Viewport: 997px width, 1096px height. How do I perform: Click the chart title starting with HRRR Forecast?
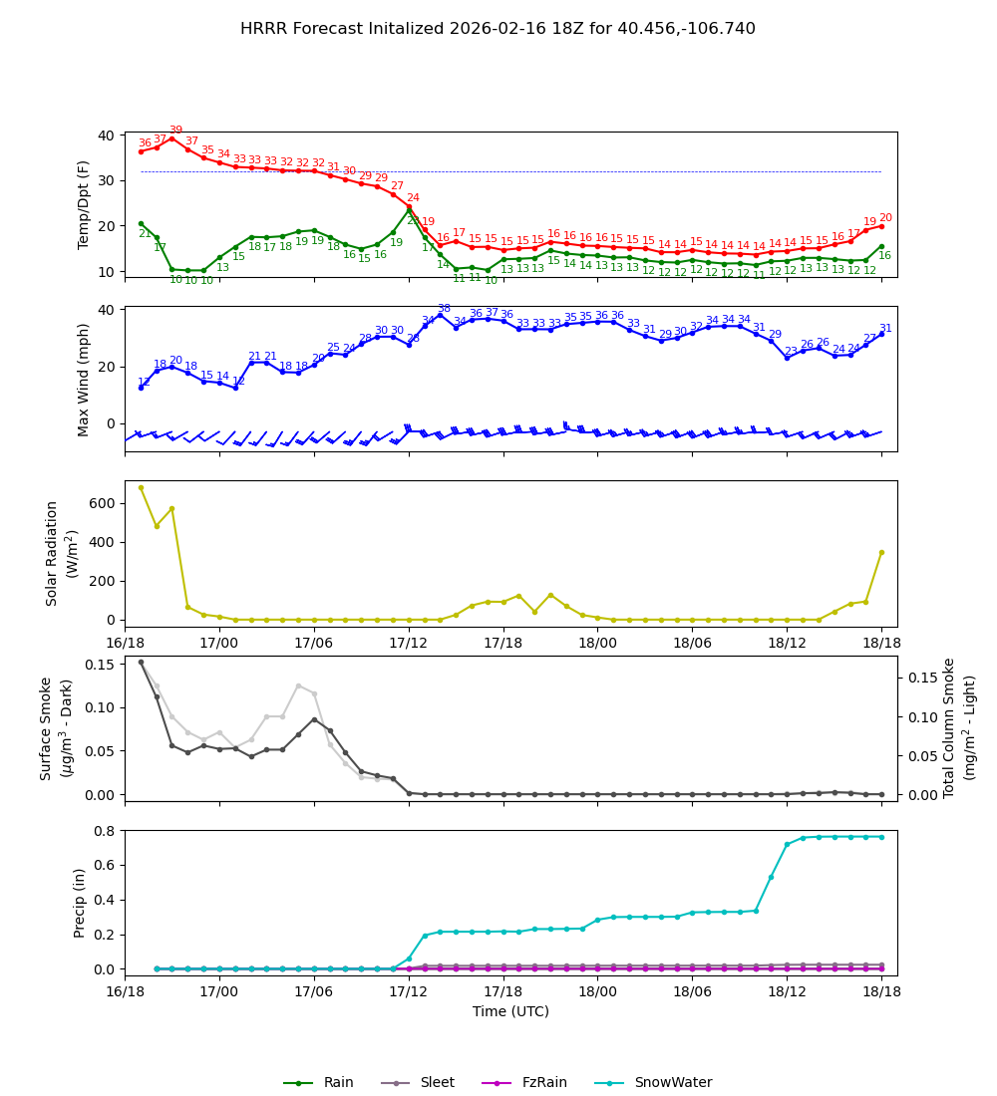coord(498,29)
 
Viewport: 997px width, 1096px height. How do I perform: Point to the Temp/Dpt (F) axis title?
coord(84,204)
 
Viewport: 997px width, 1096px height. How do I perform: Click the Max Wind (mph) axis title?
coord(84,379)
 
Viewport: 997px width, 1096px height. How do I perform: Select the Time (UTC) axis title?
coord(510,1011)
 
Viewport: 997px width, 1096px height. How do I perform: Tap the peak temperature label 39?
coord(175,131)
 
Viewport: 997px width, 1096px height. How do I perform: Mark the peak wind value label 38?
coord(444,309)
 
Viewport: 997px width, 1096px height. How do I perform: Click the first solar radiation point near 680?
coord(141,487)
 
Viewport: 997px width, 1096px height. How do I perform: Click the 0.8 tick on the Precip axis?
coord(105,831)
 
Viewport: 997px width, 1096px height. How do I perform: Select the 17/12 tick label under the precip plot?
coord(409,990)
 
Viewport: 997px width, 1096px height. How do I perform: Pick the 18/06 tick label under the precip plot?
coord(692,990)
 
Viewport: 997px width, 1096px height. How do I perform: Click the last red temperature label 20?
coord(885,218)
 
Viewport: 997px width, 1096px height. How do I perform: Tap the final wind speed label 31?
coord(885,329)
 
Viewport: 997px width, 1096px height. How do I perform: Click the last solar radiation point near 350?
coord(881,552)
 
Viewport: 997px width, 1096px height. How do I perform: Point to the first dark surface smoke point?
coord(141,662)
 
